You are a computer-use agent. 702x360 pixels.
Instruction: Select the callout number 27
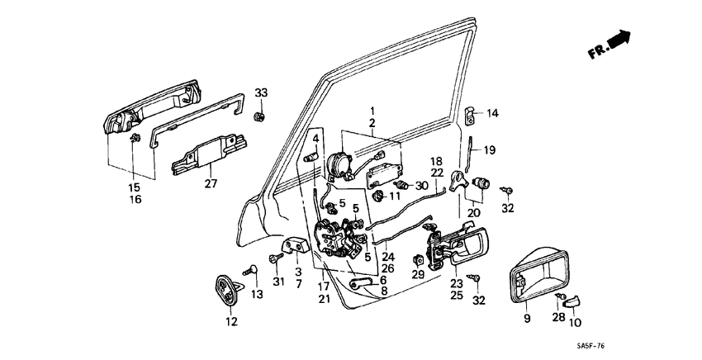(211, 183)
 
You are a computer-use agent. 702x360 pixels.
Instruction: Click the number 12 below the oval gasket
(232, 322)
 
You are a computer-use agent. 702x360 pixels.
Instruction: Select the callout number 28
(558, 318)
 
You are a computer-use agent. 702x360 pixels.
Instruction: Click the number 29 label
(419, 274)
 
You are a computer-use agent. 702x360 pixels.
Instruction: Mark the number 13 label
(258, 295)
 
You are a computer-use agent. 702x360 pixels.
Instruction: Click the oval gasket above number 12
(227, 290)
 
